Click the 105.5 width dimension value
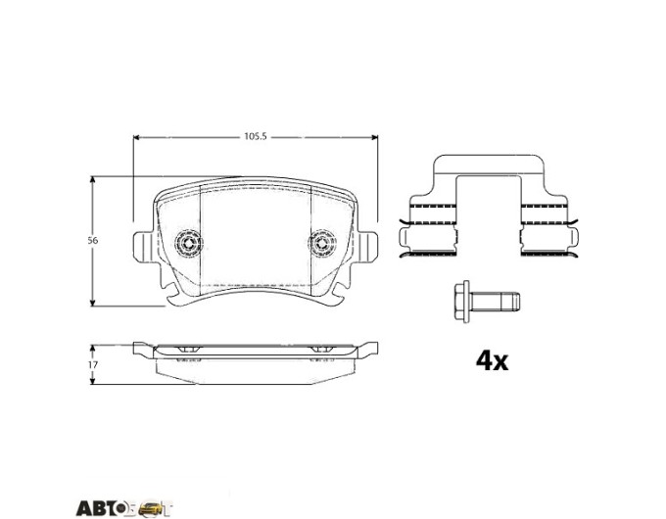[255, 137]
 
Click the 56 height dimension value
[93, 240]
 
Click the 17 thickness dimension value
[93, 364]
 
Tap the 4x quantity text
[492, 361]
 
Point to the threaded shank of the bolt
[496, 302]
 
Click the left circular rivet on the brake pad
[189, 243]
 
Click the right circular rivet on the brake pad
[322, 244]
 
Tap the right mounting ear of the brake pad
[368, 247]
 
